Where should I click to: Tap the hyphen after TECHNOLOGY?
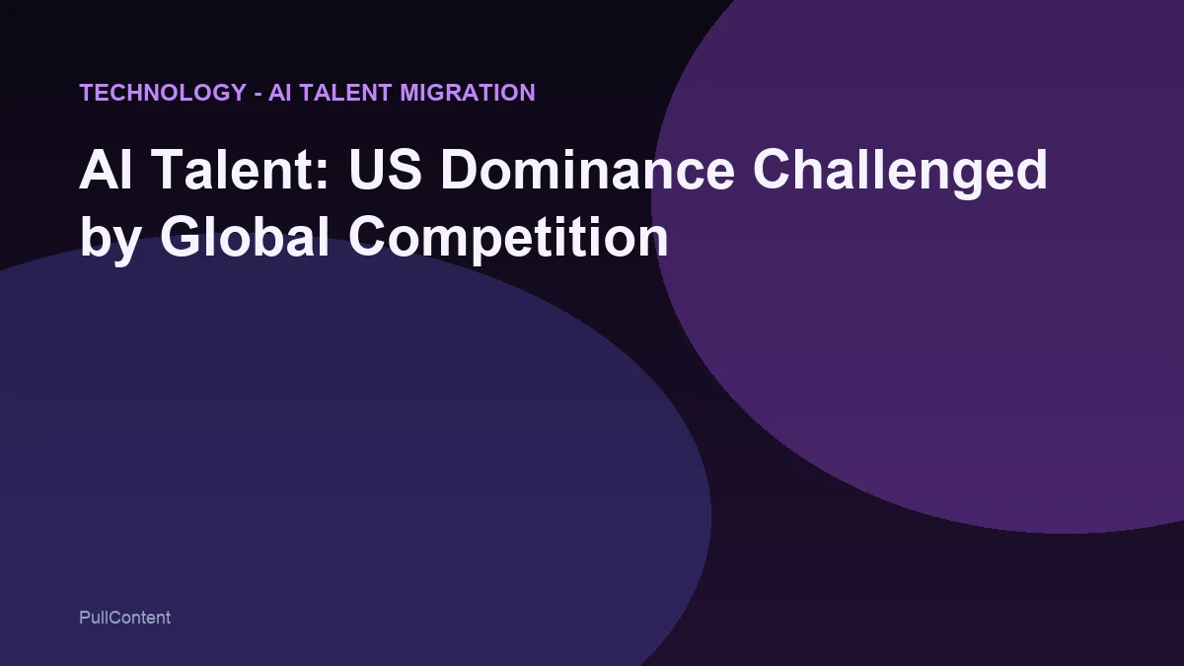click(258, 93)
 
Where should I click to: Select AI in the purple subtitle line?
click(280, 93)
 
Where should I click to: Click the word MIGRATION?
click(468, 93)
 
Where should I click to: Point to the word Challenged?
click(900, 173)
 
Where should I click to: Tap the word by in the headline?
click(110, 240)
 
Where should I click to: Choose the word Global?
click(244, 238)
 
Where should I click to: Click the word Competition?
click(507, 240)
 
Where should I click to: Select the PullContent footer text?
click(124, 618)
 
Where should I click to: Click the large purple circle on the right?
click(937, 326)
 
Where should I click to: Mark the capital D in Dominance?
click(471, 171)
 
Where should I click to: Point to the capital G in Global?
click(182, 238)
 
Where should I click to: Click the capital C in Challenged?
click(774, 171)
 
